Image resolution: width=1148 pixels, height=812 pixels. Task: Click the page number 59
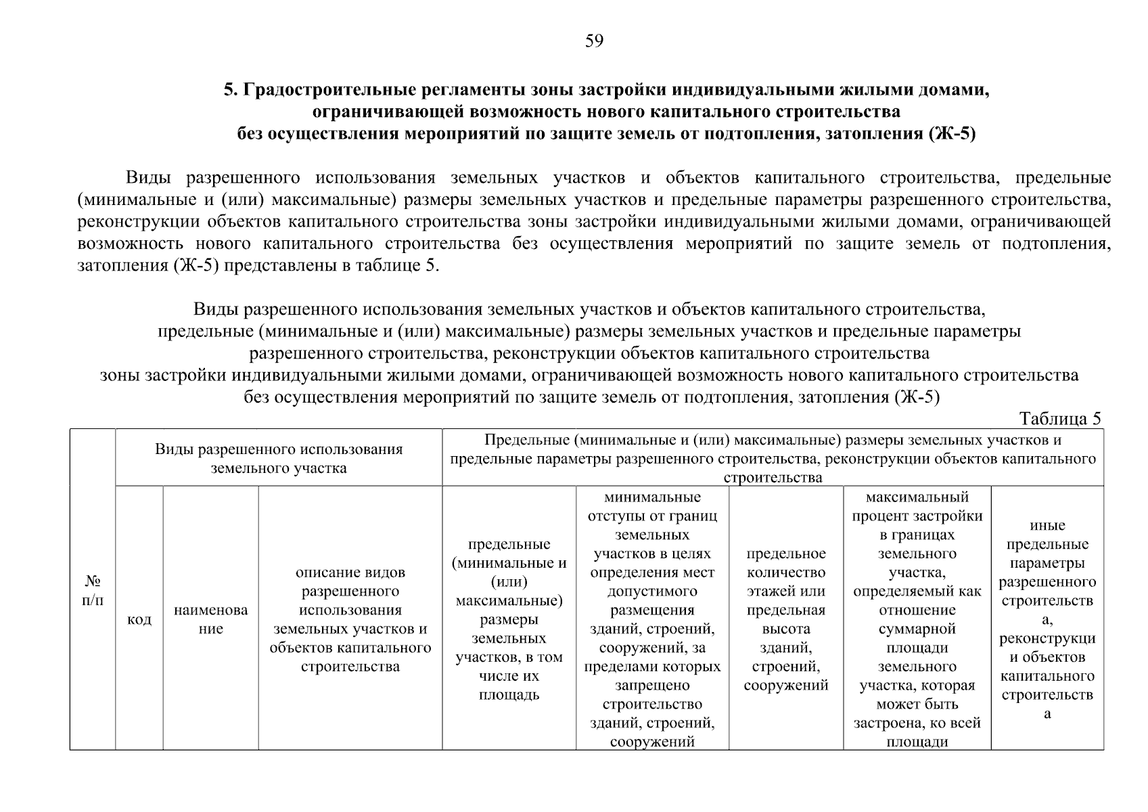[x=593, y=42]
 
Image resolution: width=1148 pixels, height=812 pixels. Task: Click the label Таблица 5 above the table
[x=1060, y=419]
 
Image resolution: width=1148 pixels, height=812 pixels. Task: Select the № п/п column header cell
[x=93, y=590]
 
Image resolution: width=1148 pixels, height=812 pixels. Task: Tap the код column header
[x=139, y=619]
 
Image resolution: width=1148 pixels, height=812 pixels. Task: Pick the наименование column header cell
[x=211, y=619]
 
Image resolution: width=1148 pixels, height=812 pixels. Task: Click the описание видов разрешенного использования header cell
[x=350, y=619]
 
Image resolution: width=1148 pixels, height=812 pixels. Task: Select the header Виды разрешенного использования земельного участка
[x=279, y=458]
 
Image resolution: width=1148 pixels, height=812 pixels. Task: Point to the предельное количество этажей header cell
[x=786, y=619]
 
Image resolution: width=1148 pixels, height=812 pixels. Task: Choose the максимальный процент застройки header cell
[x=917, y=619]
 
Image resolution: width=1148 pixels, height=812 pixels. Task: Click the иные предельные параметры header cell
[x=1047, y=619]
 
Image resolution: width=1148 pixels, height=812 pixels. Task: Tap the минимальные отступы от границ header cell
[x=652, y=619]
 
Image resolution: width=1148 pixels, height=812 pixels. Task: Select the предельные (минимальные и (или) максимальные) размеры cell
[x=509, y=619]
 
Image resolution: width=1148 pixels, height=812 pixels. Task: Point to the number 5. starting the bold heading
[x=230, y=90]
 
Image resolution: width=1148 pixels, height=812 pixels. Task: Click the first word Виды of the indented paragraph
[x=147, y=178]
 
